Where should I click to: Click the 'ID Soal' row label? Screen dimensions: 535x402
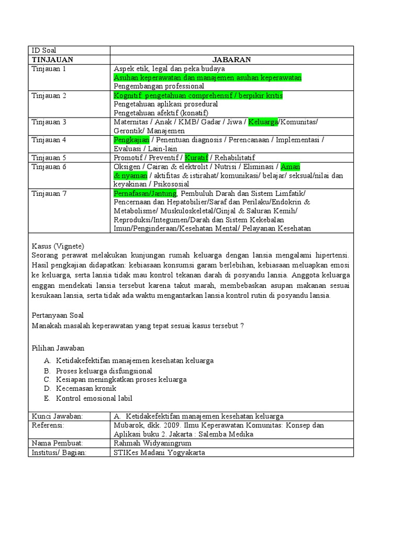(x=44, y=50)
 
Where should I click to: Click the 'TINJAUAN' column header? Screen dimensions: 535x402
(x=52, y=60)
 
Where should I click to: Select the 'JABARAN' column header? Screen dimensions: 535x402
(x=231, y=60)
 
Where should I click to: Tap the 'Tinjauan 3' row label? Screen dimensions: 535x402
(x=49, y=122)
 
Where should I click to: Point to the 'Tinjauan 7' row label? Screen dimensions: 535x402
(x=49, y=193)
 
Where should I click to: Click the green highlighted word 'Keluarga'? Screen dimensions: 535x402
(x=263, y=122)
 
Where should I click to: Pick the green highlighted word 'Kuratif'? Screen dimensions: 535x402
(x=197, y=158)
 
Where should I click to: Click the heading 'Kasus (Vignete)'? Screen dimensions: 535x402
(x=58, y=246)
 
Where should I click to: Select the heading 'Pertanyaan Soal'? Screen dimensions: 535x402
(x=58, y=316)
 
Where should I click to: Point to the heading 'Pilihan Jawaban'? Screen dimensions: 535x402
(x=58, y=348)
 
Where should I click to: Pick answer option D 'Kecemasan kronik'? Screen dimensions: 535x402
(x=86, y=389)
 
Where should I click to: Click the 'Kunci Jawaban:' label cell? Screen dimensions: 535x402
(x=57, y=416)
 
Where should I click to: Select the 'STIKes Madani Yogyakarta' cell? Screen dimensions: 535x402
(x=159, y=452)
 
